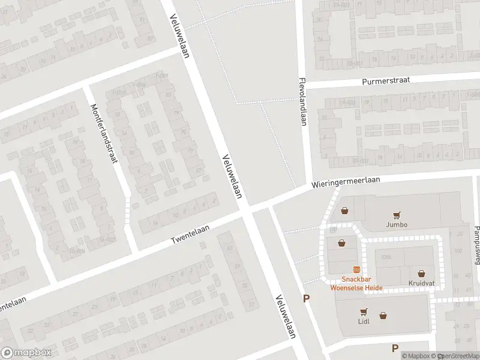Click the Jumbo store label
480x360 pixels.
click(x=397, y=225)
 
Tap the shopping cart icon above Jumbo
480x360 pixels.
click(x=396, y=215)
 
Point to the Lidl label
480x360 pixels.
click(x=364, y=321)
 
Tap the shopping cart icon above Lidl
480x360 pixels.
click(x=364, y=311)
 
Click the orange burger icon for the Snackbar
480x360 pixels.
click(x=356, y=270)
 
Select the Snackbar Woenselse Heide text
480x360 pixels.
click(x=356, y=283)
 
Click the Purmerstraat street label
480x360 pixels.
click(x=386, y=81)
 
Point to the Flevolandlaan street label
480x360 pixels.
click(x=302, y=101)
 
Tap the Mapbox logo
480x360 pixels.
click(x=26, y=353)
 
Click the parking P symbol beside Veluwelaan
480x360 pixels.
click(x=307, y=298)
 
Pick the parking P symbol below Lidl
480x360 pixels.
click(x=395, y=348)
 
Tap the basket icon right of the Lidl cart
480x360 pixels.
click(x=383, y=316)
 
